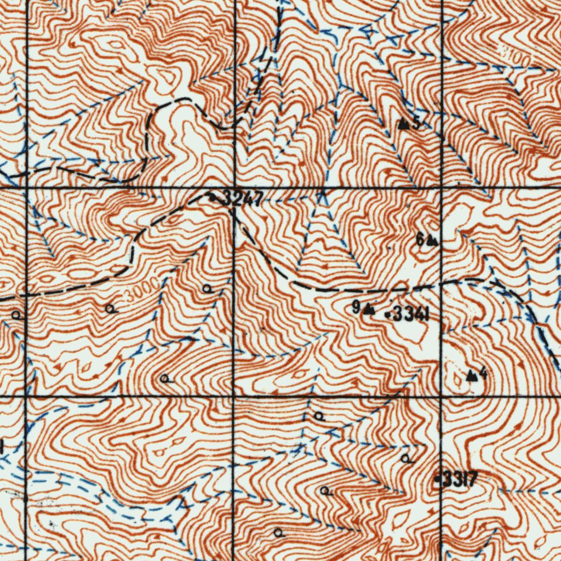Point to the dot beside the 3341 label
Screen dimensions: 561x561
click(388, 315)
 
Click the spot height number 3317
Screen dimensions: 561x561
click(460, 480)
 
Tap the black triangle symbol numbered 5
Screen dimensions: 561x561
click(404, 124)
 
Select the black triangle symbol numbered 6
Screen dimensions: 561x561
click(432, 240)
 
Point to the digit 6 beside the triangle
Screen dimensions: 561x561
click(420, 239)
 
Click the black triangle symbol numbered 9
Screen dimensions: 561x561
click(369, 310)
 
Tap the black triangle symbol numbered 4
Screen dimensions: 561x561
click(471, 376)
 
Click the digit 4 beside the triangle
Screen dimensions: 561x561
click(483, 374)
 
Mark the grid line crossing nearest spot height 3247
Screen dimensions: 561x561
click(234, 188)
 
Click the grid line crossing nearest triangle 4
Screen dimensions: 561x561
click(442, 396)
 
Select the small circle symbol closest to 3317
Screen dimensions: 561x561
click(405, 458)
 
